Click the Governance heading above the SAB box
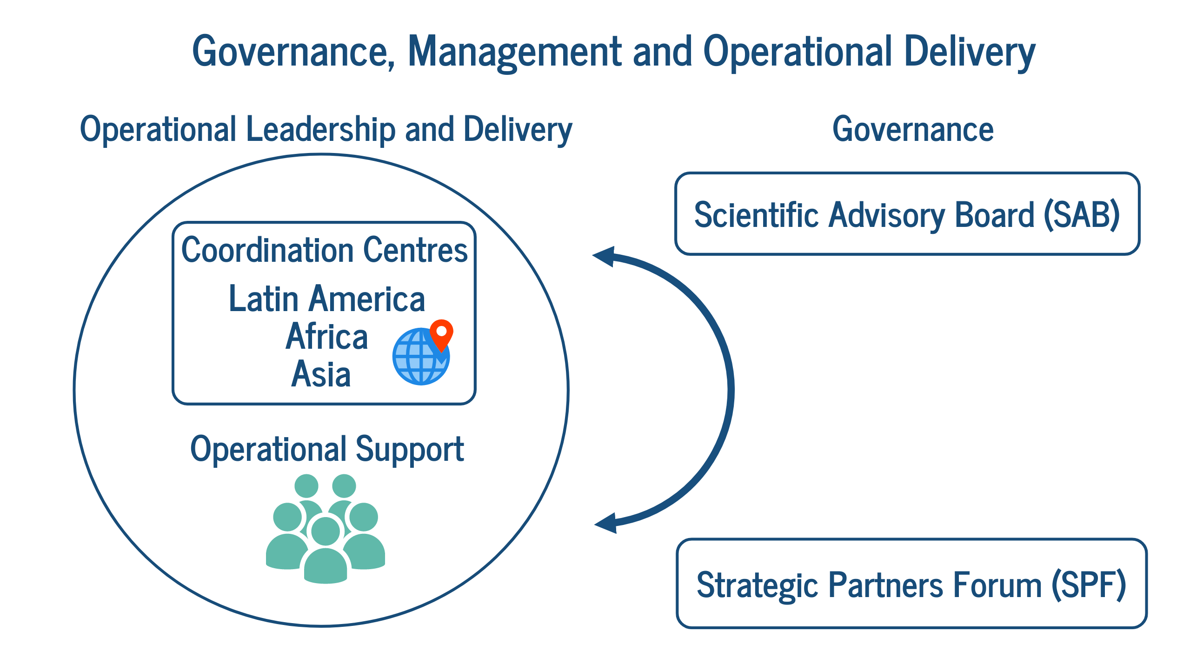pyautogui.click(x=913, y=129)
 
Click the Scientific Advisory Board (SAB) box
pyautogui.click(x=907, y=214)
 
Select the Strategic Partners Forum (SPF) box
pyautogui.click(x=911, y=584)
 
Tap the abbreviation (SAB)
pyautogui.click(x=1082, y=215)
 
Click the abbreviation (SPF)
pyautogui.click(x=1089, y=585)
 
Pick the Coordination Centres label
pyautogui.click(x=324, y=250)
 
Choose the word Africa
pyautogui.click(x=327, y=336)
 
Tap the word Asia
pyautogui.click(x=321, y=374)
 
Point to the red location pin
pyautogui.click(x=441, y=334)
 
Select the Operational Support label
pyautogui.click(x=327, y=450)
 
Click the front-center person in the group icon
pyautogui.click(x=326, y=551)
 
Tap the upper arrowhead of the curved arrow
pyautogui.click(x=604, y=257)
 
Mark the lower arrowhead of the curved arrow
pyautogui.click(x=606, y=523)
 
